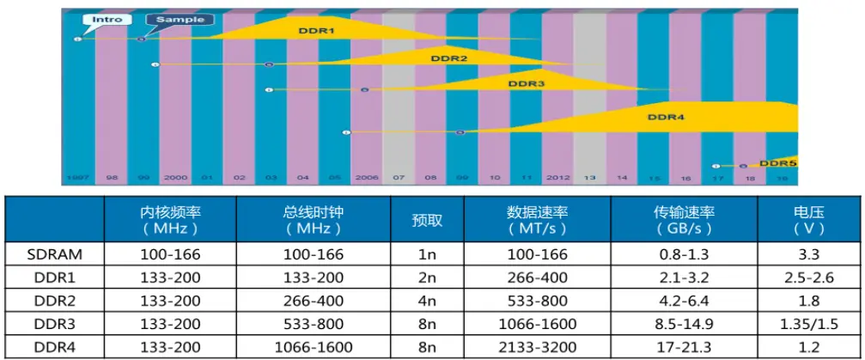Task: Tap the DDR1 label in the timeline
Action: click(x=317, y=31)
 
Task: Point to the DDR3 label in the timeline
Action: click(x=526, y=84)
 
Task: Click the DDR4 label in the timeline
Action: click(x=665, y=116)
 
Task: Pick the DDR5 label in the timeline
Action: click(x=778, y=162)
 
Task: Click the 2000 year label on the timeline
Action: click(x=175, y=178)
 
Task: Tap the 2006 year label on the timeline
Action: click(x=367, y=178)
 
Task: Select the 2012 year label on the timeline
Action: click(x=557, y=178)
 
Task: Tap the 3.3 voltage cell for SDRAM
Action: click(x=807, y=254)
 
